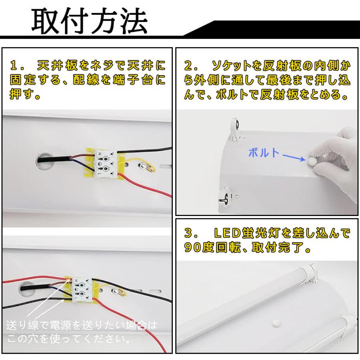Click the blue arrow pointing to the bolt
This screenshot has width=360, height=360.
294,158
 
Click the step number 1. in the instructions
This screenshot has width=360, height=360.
16,66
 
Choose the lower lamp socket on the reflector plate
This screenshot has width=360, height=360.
226,196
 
